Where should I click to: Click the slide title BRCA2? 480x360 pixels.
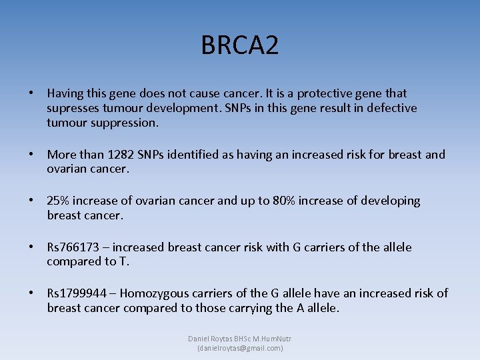(x=240, y=45)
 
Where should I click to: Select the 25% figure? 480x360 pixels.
(x=59, y=201)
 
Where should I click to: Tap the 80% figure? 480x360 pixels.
(x=285, y=201)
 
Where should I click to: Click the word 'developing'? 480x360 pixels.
(x=391, y=201)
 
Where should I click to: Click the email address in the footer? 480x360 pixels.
(x=240, y=348)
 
